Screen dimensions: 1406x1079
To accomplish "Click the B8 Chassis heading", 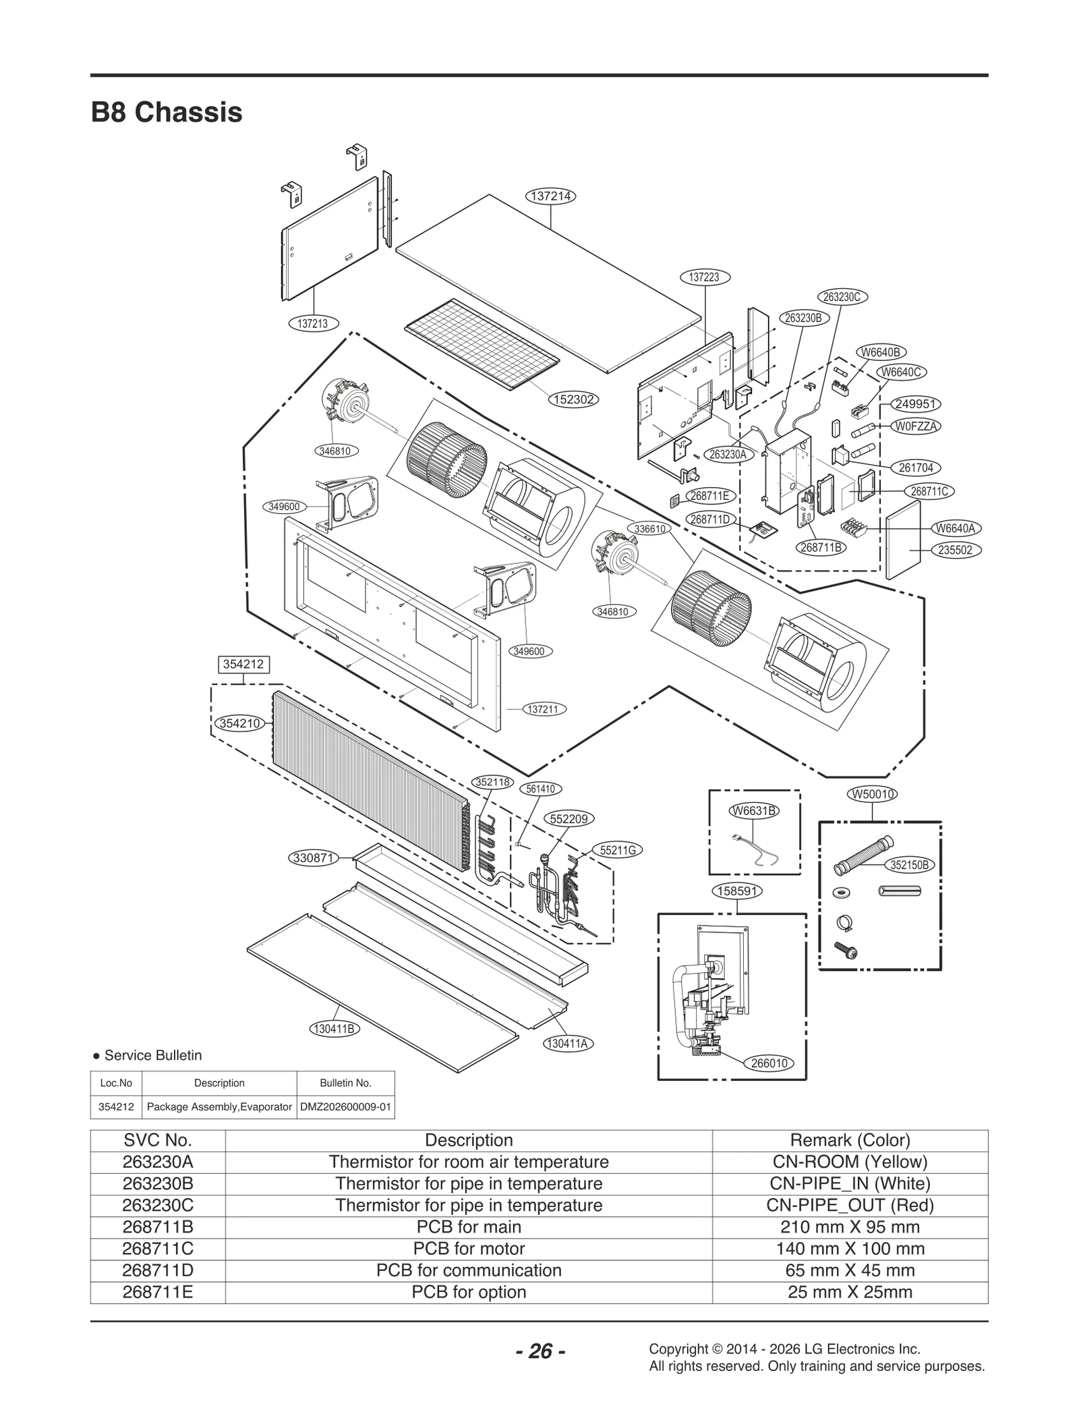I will coord(167,112).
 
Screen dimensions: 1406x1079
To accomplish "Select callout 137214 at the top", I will coord(551,196).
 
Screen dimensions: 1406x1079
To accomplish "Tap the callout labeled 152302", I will coord(573,399).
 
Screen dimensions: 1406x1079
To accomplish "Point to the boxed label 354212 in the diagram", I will coord(243,664).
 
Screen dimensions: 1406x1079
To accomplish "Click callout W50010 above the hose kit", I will coord(873,794).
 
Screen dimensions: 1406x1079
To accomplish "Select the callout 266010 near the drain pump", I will coord(769,1063).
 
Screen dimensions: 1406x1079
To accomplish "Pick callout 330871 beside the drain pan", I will coord(314,858).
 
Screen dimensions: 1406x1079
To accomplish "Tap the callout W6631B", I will coord(755,810).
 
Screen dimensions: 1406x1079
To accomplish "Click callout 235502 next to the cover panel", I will coord(956,550).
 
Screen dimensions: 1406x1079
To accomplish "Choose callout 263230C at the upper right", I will coord(843,297).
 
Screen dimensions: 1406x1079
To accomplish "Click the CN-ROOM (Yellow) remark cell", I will coord(850,1162).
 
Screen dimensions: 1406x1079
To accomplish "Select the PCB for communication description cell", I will coord(469,1270).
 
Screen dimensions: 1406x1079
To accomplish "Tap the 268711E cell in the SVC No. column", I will coord(158,1292).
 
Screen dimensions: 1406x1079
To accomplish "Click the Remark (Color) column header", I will coord(850,1140).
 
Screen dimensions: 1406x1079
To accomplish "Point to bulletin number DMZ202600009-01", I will coord(345,1107).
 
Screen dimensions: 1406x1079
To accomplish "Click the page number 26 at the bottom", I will coord(540,1351).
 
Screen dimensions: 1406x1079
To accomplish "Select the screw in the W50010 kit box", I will coord(846,951).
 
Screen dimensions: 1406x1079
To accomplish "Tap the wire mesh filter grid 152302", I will coord(482,344).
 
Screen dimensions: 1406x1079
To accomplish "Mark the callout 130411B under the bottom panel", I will coord(334,1029).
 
